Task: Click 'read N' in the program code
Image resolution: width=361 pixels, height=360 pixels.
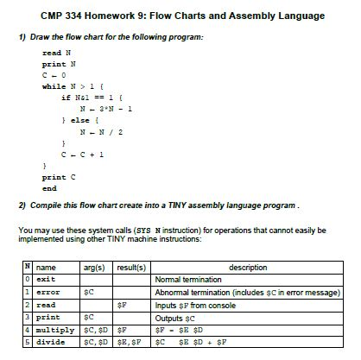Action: [x=55, y=54]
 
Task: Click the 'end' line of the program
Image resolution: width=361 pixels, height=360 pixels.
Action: [x=50, y=188]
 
